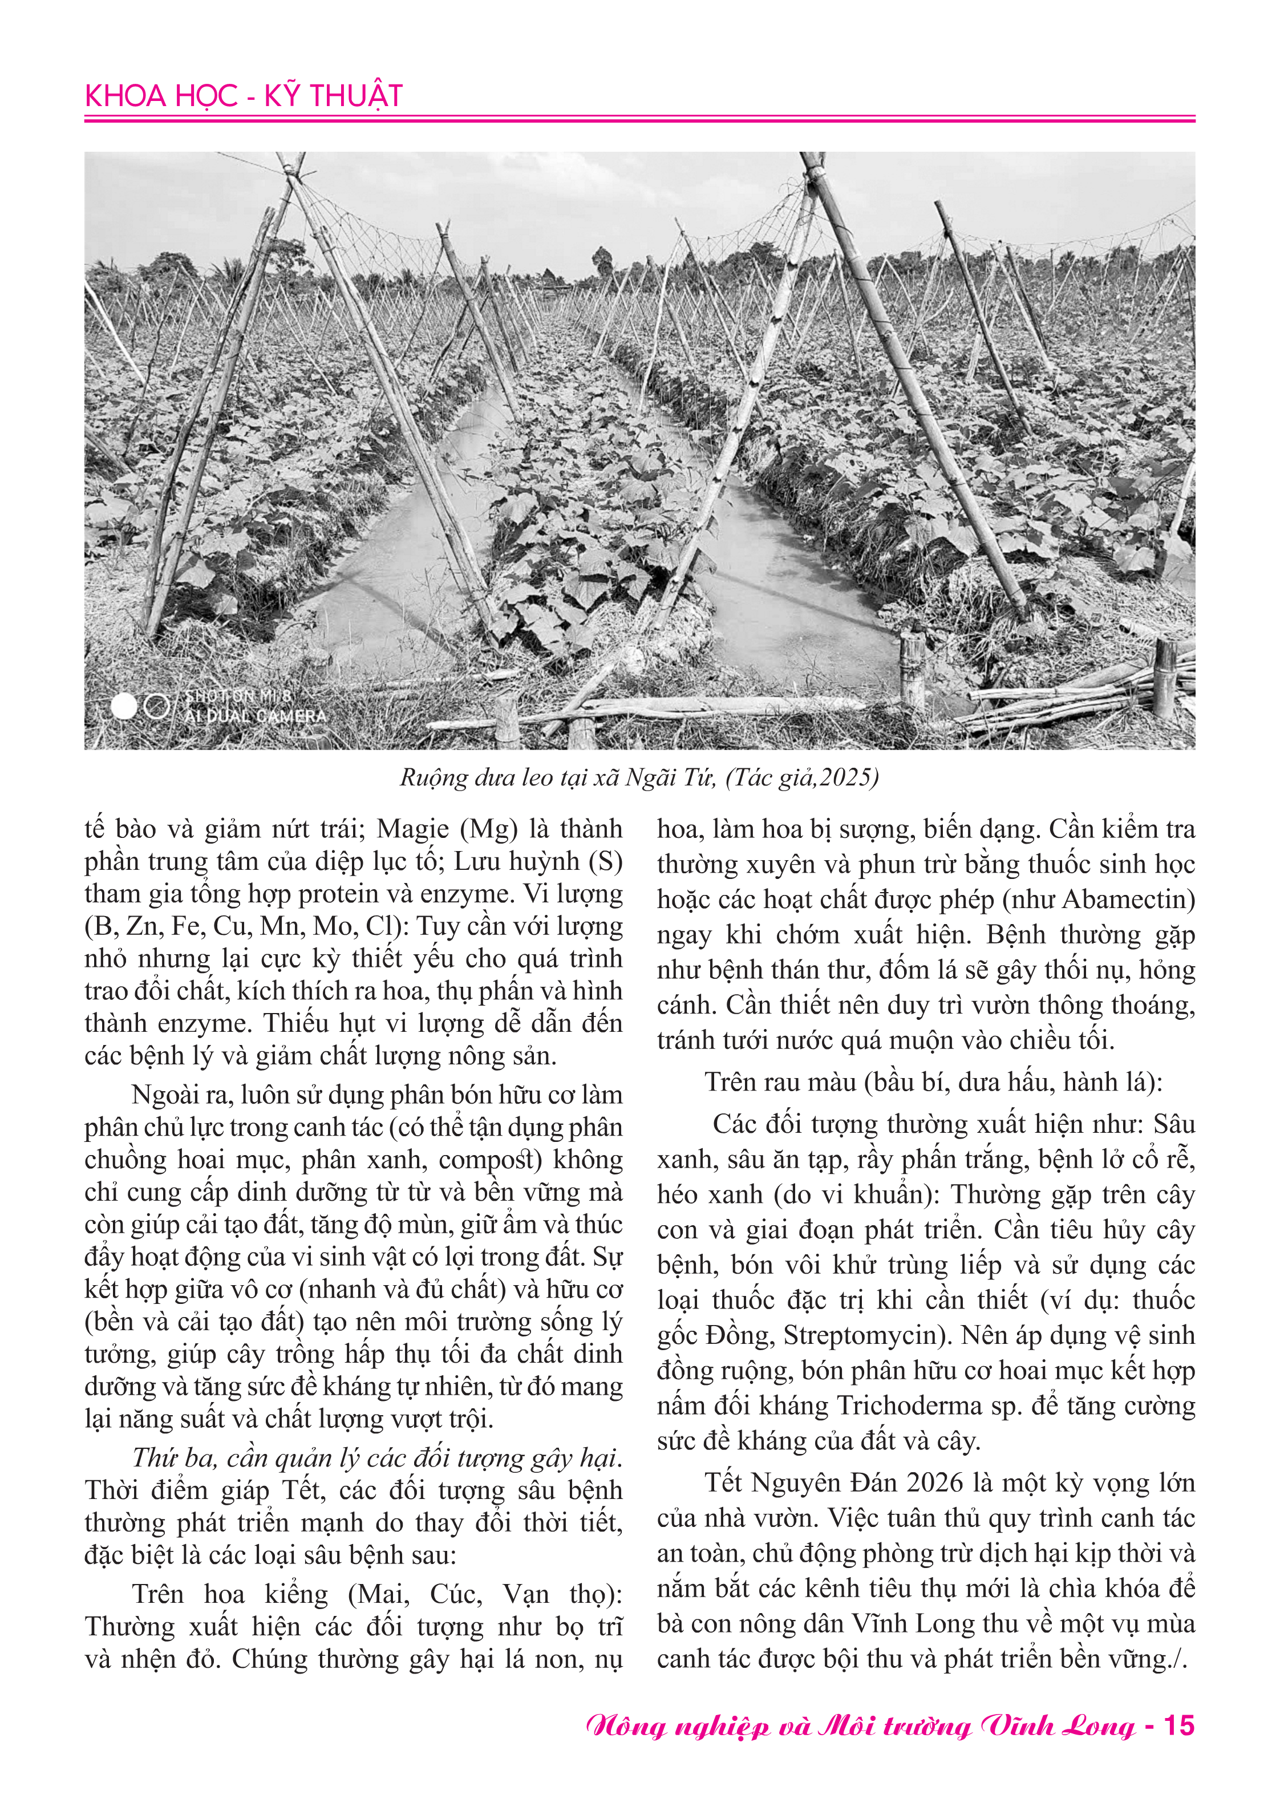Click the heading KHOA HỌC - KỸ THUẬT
click(x=243, y=96)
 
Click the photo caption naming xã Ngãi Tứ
click(x=638, y=777)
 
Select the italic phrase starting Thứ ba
click(x=376, y=1458)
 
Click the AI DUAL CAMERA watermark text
click(x=255, y=716)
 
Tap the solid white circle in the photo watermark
click(x=124, y=707)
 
